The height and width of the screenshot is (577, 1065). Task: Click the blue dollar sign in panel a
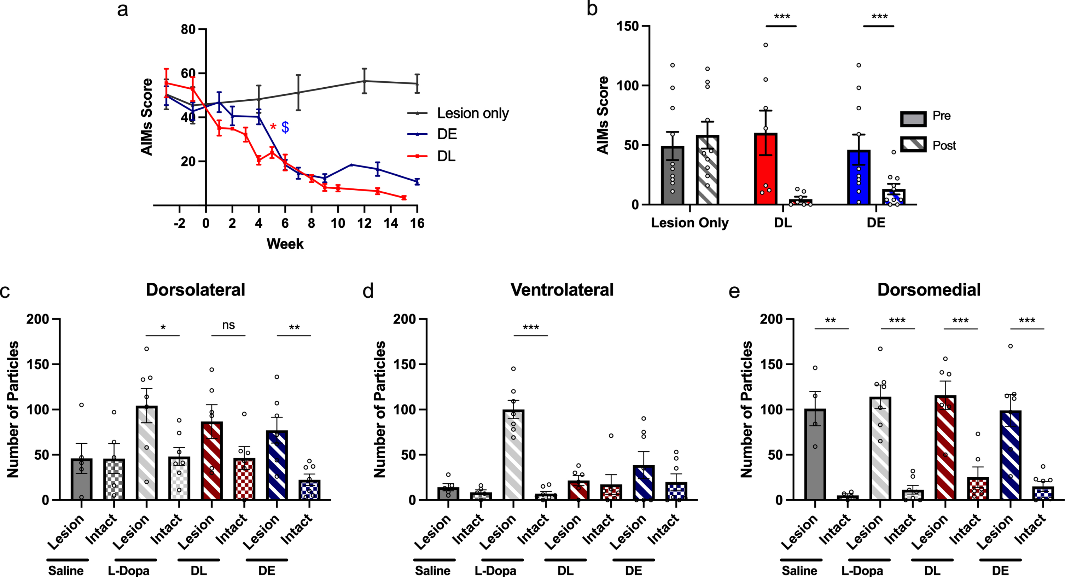[x=285, y=127]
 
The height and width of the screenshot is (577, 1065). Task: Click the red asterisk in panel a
[x=273, y=126]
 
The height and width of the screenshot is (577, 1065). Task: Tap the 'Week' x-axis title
[x=285, y=244]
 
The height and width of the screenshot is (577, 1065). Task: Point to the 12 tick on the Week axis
[x=364, y=223]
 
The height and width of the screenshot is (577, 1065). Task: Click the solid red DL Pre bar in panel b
[x=766, y=169]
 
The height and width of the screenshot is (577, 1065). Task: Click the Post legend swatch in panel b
[x=913, y=145]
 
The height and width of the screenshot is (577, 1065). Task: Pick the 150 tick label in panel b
[x=628, y=27]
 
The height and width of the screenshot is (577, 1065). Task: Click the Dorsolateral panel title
[x=196, y=290]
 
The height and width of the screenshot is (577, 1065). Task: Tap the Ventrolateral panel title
[x=562, y=290]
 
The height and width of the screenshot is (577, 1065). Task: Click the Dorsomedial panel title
[x=929, y=290]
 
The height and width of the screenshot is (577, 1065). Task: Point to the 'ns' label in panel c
[x=228, y=325]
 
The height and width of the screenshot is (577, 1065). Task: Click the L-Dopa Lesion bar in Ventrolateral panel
[x=513, y=455]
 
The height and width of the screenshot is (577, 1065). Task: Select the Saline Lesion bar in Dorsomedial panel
[x=815, y=454]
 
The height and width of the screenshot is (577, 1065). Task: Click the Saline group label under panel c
[x=66, y=570]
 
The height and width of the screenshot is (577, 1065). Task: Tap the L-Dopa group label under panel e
[x=862, y=570]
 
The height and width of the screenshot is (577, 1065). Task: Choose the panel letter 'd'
[x=368, y=291]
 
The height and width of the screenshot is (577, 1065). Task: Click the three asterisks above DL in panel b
[x=782, y=17]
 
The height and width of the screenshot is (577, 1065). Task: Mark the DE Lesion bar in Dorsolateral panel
[x=277, y=465]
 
